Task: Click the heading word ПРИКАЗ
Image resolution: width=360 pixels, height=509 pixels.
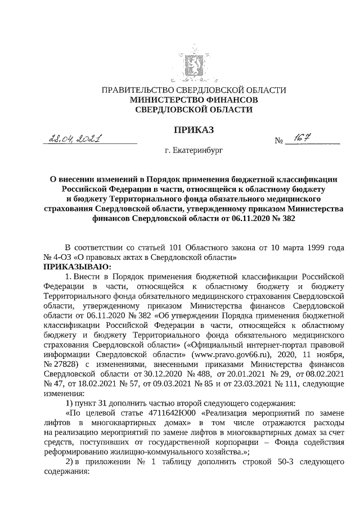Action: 193,130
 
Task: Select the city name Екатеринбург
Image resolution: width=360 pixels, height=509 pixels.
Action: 198,151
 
